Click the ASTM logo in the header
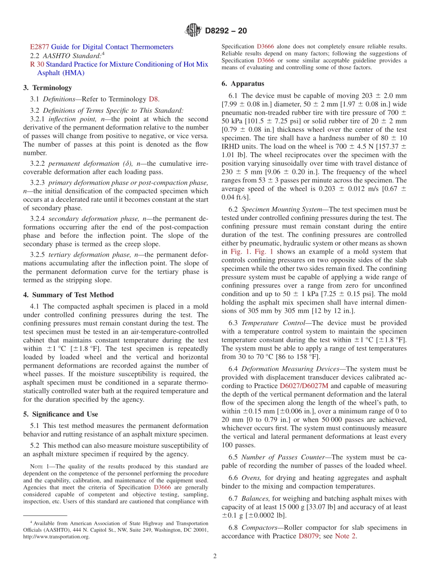194,30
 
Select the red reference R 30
36,64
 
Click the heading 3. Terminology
47,87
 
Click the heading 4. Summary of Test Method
68,295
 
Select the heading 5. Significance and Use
60,414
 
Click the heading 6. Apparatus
243,84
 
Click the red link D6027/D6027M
304,386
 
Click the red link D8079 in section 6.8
308,536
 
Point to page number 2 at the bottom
215,557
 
